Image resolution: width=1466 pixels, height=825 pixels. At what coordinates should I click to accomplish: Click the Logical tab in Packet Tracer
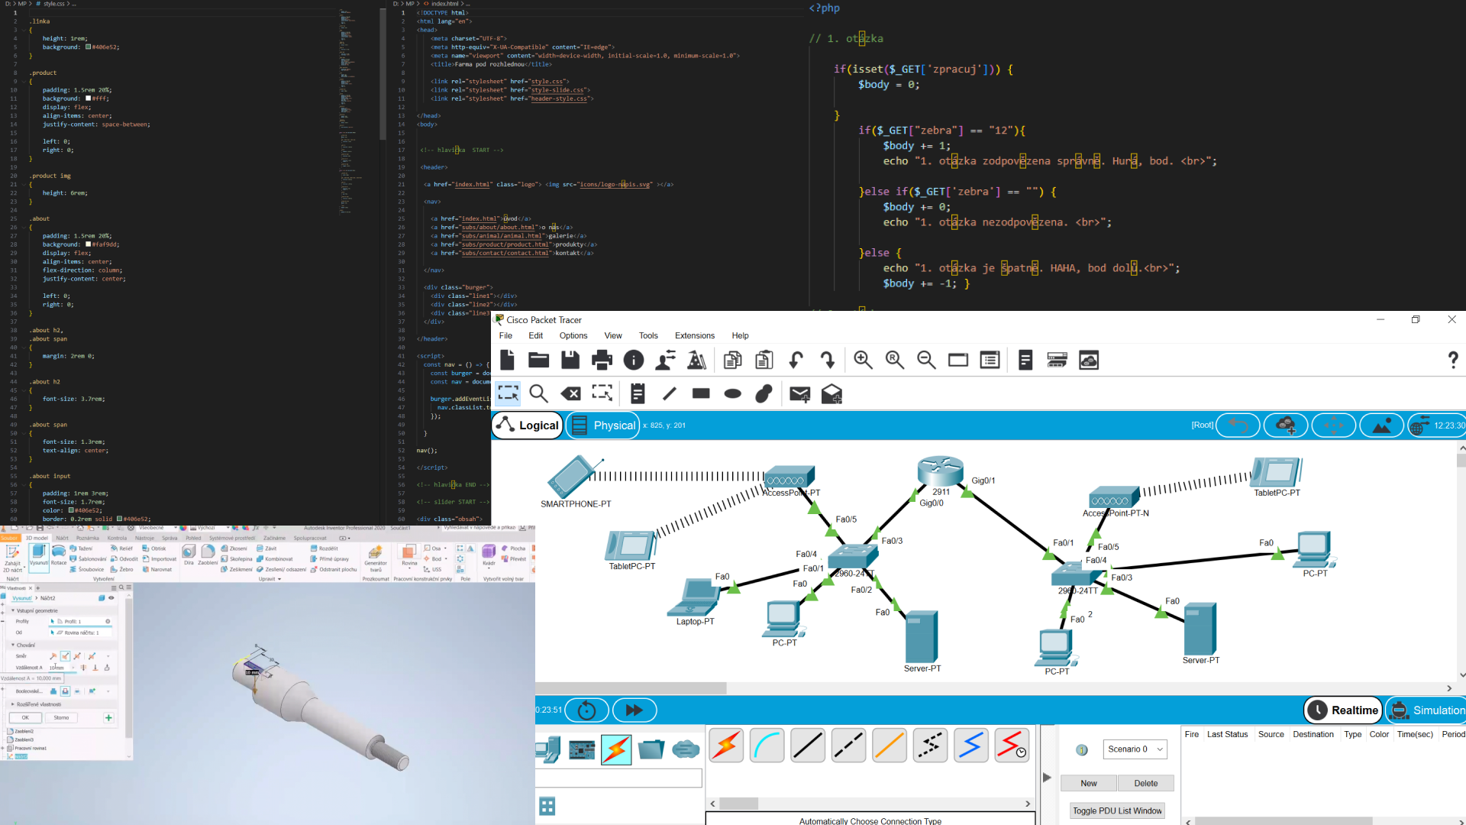[528, 425]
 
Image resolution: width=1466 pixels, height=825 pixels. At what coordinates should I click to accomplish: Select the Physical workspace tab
[604, 425]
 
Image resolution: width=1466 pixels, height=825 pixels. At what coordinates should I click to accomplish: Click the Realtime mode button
[1343, 710]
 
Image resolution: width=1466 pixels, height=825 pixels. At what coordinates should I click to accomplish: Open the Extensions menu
[694, 335]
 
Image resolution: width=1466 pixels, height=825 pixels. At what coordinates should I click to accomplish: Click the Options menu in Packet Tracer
[573, 335]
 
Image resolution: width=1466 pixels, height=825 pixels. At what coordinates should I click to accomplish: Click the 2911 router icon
[941, 471]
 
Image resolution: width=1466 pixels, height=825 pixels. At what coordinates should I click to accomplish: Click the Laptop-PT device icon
[695, 597]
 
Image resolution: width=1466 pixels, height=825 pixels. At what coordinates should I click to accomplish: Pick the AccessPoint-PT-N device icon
[1114, 498]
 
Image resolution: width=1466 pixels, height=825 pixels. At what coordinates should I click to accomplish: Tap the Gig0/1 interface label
[983, 480]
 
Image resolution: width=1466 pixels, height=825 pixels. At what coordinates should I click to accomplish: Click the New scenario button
[1088, 783]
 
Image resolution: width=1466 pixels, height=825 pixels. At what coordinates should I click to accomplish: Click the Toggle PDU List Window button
[1116, 810]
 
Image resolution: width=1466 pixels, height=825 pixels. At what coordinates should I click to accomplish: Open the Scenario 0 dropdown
[1135, 749]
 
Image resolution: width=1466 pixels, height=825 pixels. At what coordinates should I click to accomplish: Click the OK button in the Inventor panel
[25, 718]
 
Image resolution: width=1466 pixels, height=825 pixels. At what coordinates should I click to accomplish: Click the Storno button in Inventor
[61, 718]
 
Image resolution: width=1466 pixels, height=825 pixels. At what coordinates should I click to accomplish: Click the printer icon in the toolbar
[602, 360]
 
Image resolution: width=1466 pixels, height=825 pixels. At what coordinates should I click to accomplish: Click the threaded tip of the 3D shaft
[397, 761]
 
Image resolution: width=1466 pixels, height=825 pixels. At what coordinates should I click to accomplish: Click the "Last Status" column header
[1227, 734]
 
